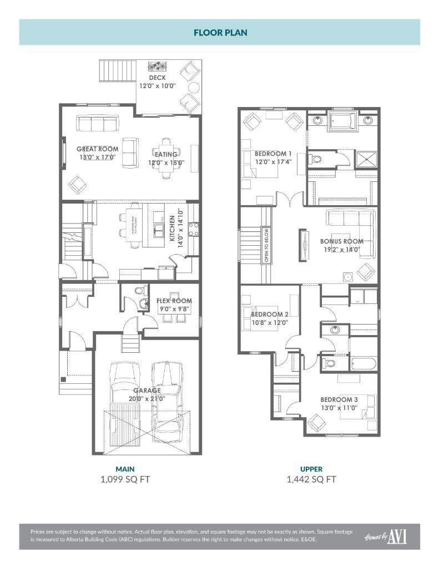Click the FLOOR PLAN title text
pyautogui.click(x=220, y=33)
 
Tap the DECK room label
pyautogui.click(x=157, y=78)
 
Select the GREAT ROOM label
pyautogui.click(x=97, y=149)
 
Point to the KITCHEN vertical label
pyautogui.click(x=173, y=231)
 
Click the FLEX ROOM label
pyautogui.click(x=174, y=301)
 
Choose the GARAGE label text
pyautogui.click(x=147, y=390)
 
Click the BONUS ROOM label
pyautogui.click(x=341, y=241)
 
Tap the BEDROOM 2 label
pyautogui.click(x=269, y=315)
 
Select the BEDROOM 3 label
pyautogui.click(x=339, y=399)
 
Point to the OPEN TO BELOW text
pyautogui.click(x=266, y=245)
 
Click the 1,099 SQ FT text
pyautogui.click(x=125, y=479)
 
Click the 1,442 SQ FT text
pyautogui.click(x=311, y=479)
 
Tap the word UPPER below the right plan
pyautogui.click(x=311, y=469)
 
